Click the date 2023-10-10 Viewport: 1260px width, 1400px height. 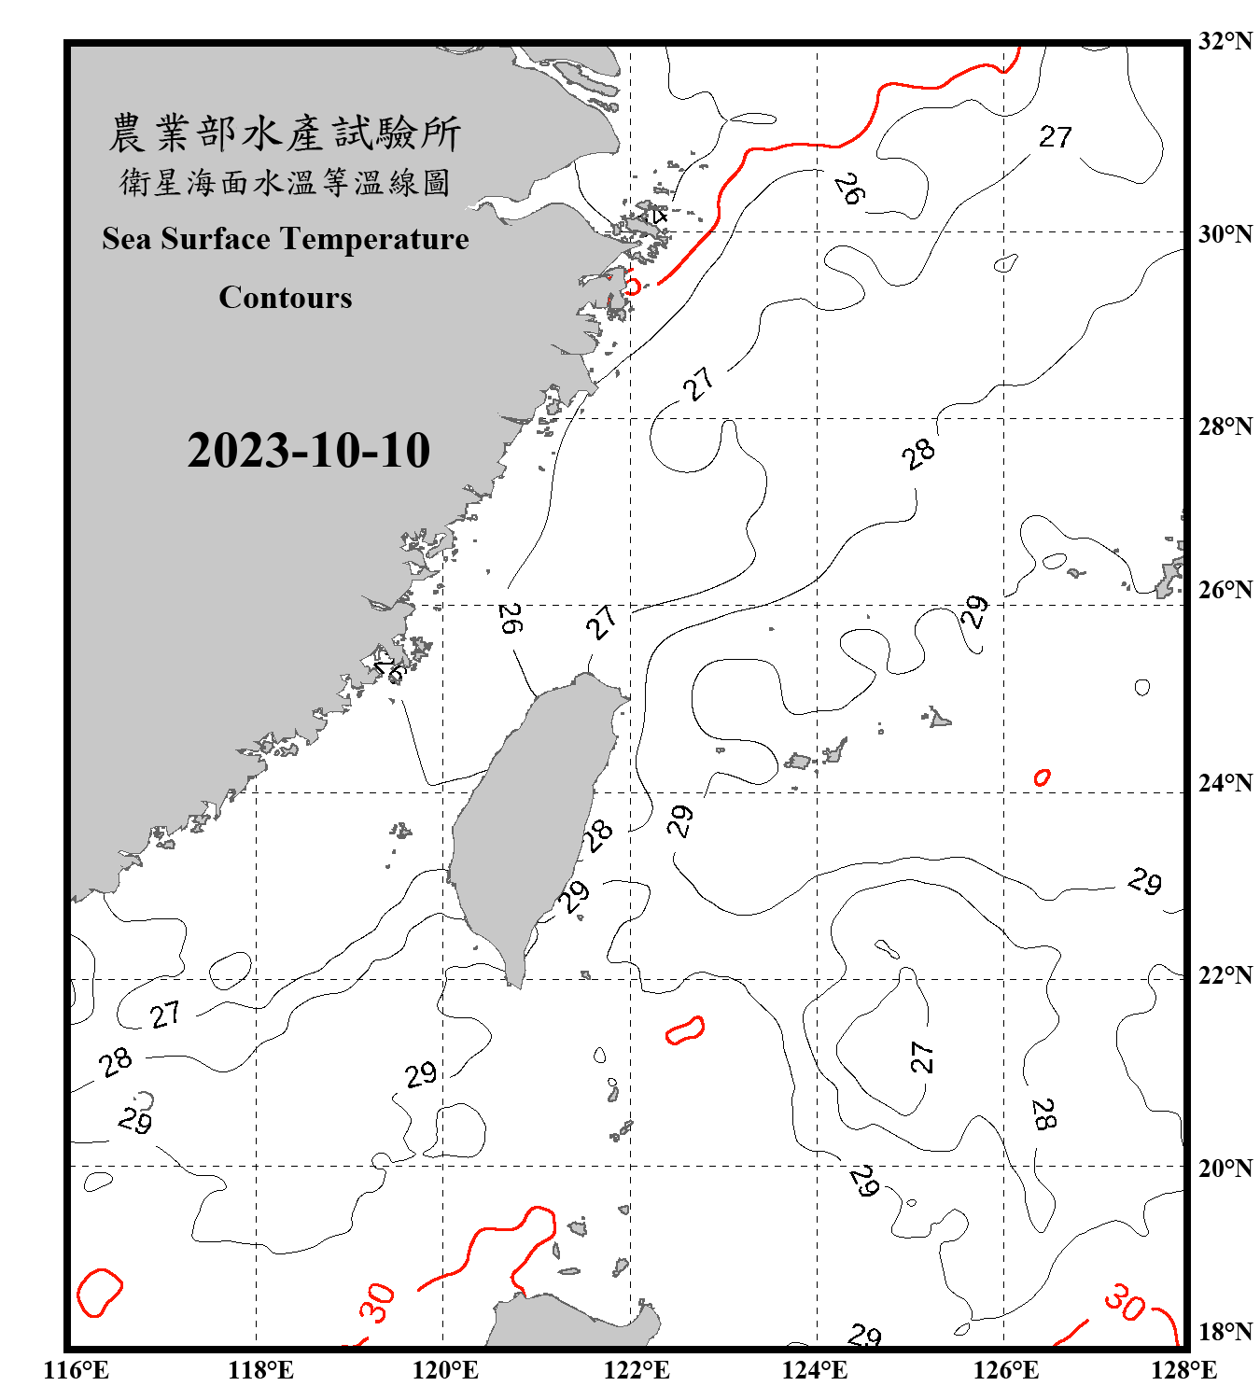click(x=308, y=451)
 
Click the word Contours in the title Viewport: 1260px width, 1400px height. click(x=286, y=297)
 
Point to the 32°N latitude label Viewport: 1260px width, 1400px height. click(x=1225, y=41)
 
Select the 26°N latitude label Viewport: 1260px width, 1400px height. click(x=1225, y=590)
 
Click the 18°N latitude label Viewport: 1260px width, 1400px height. click(x=1225, y=1332)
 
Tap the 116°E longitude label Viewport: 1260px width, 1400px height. click(x=77, y=1370)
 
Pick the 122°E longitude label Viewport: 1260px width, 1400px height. click(x=637, y=1370)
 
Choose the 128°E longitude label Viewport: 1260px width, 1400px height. click(x=1183, y=1370)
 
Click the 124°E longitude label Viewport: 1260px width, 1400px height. click(x=815, y=1370)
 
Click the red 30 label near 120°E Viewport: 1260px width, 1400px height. click(x=378, y=1303)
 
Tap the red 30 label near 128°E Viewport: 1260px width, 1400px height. click(x=1125, y=1302)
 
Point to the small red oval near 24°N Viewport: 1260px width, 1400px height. click(x=1042, y=777)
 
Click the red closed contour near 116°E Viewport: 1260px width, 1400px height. click(x=99, y=1293)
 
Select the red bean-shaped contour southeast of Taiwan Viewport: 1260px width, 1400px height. click(x=685, y=1029)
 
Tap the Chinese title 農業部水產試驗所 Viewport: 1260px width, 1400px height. click(x=285, y=133)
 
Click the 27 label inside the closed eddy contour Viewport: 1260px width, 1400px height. click(x=921, y=1057)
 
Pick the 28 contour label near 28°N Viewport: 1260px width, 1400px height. click(x=918, y=454)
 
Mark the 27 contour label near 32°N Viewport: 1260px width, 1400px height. click(x=1056, y=137)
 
